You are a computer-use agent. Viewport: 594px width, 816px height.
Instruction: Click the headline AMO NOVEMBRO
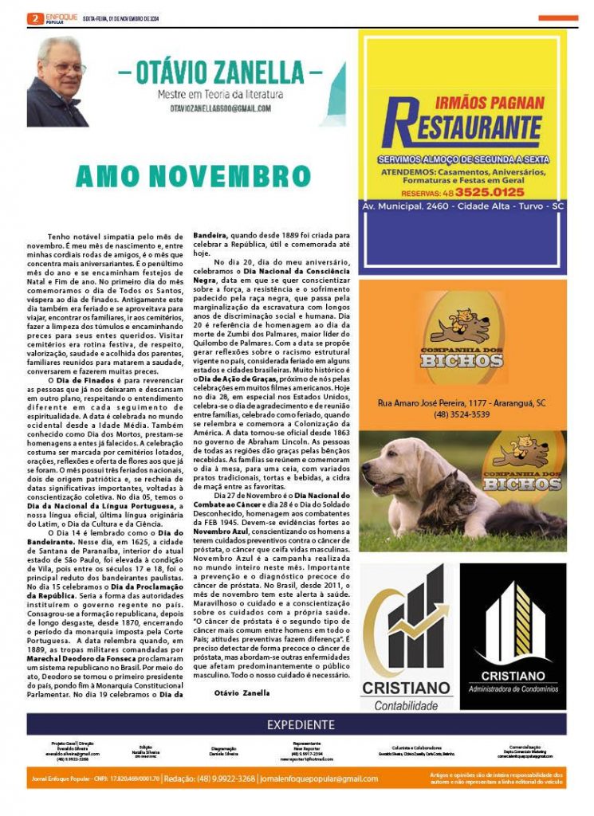tap(182, 177)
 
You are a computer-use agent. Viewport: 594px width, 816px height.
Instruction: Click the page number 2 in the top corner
tap(34, 18)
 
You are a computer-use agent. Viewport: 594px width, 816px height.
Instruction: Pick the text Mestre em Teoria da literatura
tap(220, 94)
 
